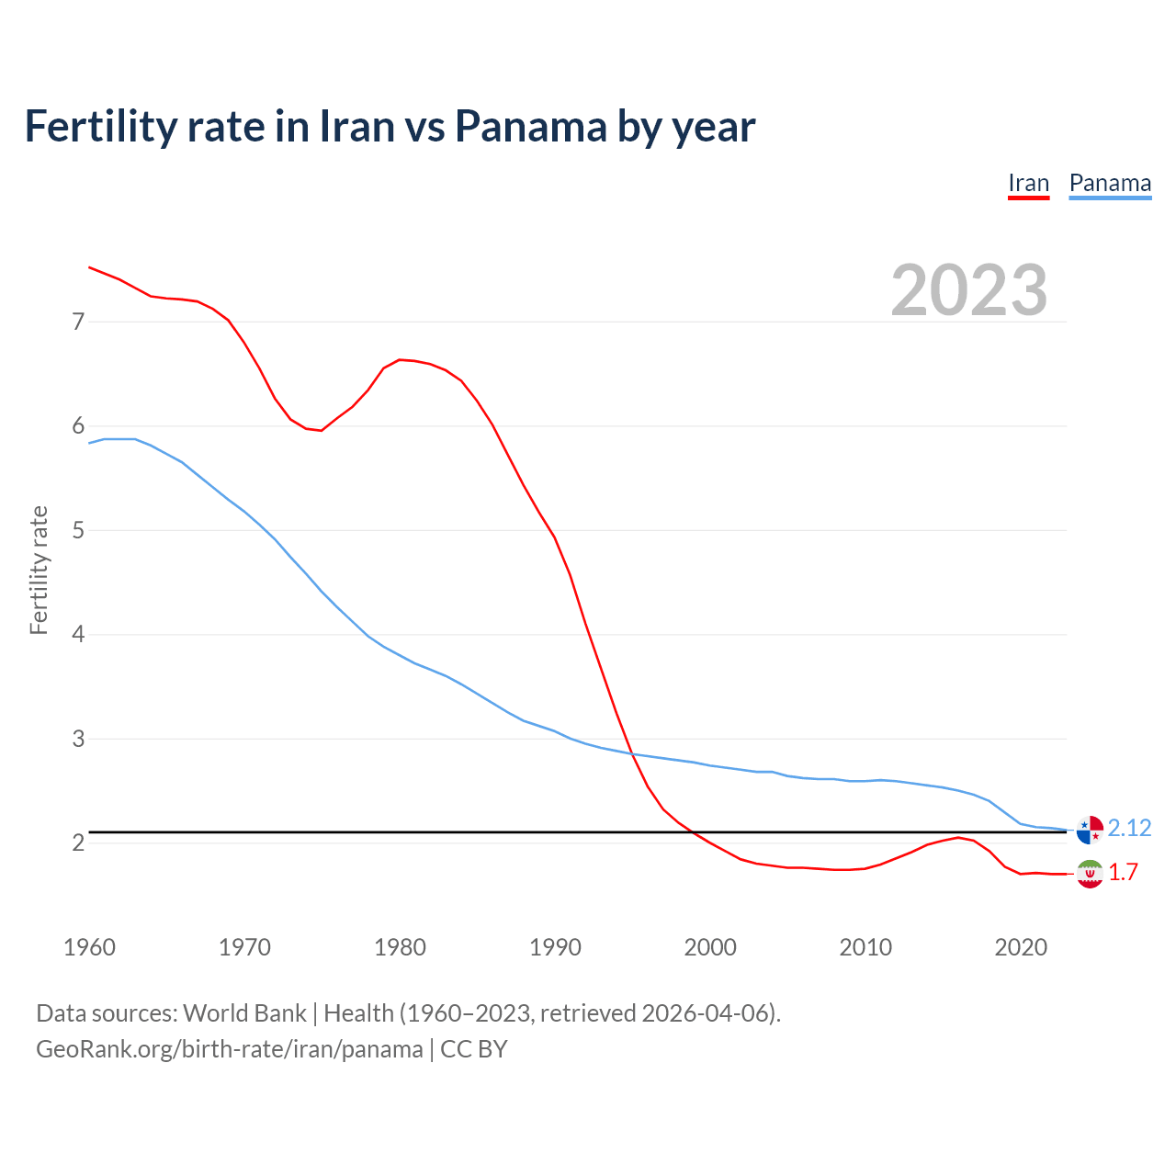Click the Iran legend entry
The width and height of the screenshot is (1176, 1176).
point(1028,183)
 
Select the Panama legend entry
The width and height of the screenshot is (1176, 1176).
point(1110,183)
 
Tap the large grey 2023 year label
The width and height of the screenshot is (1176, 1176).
point(969,290)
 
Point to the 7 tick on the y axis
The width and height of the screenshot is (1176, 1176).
point(78,322)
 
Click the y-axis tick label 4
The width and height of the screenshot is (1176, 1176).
point(78,634)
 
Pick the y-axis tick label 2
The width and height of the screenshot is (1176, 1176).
point(78,842)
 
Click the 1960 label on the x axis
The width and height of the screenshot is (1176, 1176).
point(89,947)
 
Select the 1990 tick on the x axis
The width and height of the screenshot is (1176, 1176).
point(555,947)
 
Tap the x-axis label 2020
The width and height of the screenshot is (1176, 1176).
point(1021,947)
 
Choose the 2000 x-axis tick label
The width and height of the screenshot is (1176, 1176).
point(710,947)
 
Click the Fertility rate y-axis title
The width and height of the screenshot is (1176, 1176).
point(39,570)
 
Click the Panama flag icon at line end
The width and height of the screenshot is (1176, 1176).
point(1090,829)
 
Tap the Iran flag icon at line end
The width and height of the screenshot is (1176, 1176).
point(1090,874)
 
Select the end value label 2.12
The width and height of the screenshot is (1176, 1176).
point(1129,828)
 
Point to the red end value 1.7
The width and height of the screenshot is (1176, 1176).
point(1123,872)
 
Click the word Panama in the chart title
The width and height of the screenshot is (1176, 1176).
point(531,126)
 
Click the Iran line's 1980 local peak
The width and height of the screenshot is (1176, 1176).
point(400,359)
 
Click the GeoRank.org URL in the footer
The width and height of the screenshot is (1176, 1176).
point(230,1048)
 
